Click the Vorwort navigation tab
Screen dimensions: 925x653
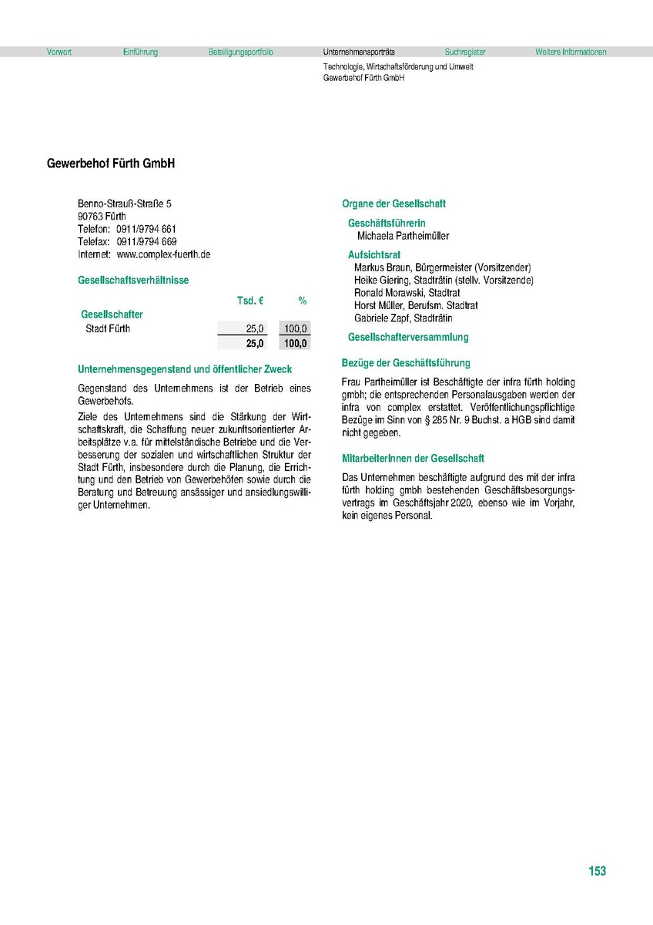pos(59,52)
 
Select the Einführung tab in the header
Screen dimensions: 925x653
pos(140,52)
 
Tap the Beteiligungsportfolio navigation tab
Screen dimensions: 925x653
pos(240,52)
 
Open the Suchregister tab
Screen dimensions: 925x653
pos(465,52)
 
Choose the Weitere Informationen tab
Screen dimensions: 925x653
pos(571,52)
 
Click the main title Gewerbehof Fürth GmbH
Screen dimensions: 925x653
pos(111,164)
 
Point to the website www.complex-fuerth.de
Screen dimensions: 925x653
pos(163,254)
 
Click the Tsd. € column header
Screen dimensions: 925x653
pos(250,300)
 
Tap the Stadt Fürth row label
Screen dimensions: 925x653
pos(108,328)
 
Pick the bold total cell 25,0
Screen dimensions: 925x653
pos(255,343)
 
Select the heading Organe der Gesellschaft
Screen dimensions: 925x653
pos(393,204)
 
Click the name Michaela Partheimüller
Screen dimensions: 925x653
pos(403,236)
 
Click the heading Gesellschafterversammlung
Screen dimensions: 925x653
pos(408,337)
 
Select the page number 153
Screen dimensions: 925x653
pos(597,871)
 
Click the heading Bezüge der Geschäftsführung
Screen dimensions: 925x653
pos(405,362)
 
